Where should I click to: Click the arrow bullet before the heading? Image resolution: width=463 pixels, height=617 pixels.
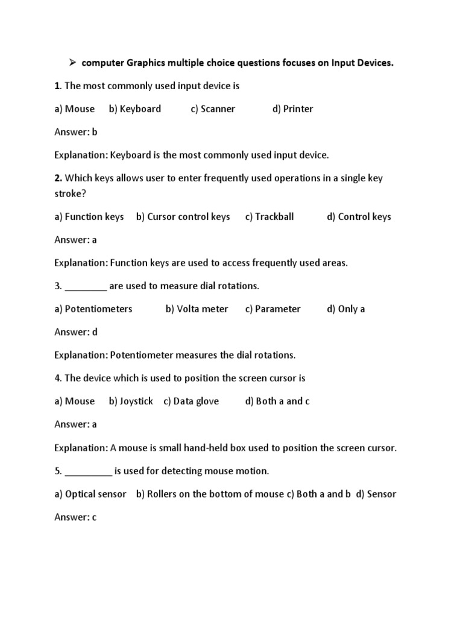[71, 62]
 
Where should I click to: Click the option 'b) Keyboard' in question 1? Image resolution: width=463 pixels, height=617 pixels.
[135, 109]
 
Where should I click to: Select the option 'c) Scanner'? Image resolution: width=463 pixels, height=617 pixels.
[213, 109]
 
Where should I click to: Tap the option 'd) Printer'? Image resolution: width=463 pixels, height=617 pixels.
[292, 109]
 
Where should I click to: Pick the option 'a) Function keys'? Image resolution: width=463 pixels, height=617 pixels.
[89, 217]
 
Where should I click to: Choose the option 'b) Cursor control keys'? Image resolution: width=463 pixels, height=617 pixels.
[183, 217]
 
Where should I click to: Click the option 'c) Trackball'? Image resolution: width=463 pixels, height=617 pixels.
[269, 217]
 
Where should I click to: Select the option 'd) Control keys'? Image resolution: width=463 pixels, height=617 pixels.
[359, 217]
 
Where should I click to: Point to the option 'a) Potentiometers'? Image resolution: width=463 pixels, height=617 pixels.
[93, 309]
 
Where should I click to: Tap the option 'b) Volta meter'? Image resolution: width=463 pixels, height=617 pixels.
[197, 309]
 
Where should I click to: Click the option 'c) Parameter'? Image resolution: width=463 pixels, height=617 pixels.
[273, 309]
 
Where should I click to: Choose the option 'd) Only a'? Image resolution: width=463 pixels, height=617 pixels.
[346, 309]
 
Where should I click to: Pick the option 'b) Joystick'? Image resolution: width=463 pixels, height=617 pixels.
[131, 401]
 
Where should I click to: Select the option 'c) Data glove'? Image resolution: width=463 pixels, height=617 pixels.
[191, 401]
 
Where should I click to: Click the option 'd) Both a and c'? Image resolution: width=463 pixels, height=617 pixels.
[277, 401]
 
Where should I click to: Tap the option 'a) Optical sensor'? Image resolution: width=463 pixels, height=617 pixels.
[90, 494]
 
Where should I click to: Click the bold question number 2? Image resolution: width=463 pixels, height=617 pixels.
[58, 178]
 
